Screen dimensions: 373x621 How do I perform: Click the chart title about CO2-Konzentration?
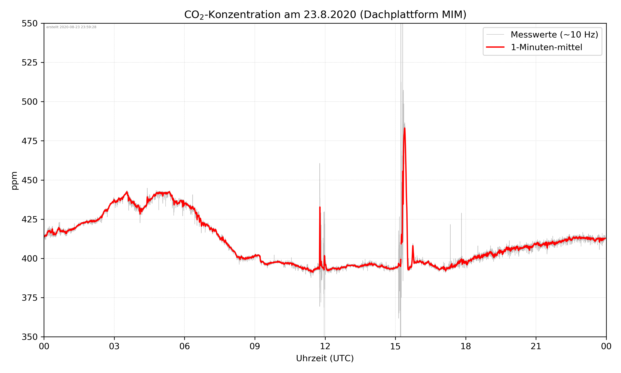tap(325, 15)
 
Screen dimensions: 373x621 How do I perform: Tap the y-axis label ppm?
tap(14, 180)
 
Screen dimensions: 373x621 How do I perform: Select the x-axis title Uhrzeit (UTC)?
tap(325, 358)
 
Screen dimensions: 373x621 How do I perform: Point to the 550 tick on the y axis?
tap(29, 23)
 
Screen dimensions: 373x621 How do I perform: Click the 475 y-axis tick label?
tap(29, 141)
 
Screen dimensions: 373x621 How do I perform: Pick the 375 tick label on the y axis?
tap(29, 298)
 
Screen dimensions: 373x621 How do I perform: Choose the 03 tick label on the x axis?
tap(114, 346)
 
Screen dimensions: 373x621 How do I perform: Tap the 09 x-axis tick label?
tap(255, 346)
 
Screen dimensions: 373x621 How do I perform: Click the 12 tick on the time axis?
tap(325, 346)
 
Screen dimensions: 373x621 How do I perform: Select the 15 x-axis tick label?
tap(395, 346)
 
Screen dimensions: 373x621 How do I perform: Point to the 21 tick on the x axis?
tap(536, 346)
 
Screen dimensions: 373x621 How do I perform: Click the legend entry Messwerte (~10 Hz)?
tap(554, 35)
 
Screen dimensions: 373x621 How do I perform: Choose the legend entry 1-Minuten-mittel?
tap(546, 47)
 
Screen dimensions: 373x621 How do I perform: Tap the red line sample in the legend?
tap(495, 47)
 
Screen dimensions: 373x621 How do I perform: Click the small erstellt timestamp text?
tap(71, 27)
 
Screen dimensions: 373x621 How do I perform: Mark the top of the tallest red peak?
tap(405, 128)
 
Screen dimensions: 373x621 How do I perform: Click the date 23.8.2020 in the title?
tap(330, 15)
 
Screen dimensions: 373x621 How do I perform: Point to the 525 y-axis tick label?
tap(29, 63)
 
